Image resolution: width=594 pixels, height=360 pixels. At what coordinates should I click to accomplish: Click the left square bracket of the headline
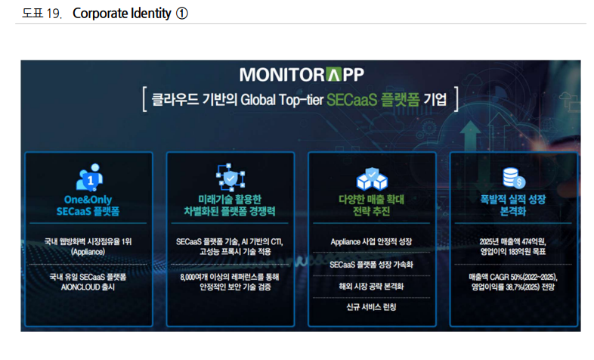[x=143, y=100]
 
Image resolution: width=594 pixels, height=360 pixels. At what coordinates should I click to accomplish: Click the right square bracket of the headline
[x=457, y=100]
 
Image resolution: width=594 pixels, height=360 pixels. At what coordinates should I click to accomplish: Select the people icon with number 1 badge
[x=88, y=178]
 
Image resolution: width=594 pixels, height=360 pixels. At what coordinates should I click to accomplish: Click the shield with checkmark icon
[x=230, y=178]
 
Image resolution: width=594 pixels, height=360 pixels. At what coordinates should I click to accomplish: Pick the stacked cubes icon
[x=371, y=178]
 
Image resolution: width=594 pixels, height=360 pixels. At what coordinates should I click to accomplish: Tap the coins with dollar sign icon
[x=513, y=178]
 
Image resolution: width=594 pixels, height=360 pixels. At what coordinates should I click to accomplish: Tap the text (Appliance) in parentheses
[x=88, y=251]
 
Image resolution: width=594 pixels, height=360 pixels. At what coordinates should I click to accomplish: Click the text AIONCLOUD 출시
[x=88, y=287]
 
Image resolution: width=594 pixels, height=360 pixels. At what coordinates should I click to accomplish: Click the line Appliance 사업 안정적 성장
[x=371, y=242]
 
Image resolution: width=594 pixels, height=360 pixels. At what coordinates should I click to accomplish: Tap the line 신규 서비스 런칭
[x=371, y=307]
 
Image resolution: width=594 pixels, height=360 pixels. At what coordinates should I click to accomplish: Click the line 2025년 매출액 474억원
[x=513, y=242]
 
